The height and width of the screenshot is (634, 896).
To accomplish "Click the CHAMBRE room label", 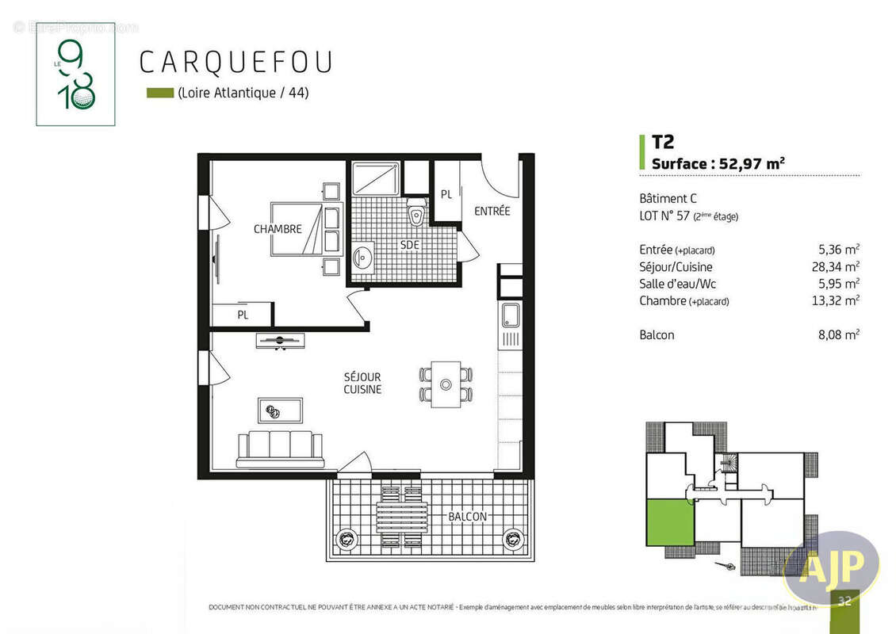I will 278,229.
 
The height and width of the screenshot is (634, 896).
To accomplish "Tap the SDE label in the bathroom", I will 409,245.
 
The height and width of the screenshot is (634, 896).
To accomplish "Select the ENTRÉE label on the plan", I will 492,211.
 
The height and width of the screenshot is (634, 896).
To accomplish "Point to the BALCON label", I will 467,517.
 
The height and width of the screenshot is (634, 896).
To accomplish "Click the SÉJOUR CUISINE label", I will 362,384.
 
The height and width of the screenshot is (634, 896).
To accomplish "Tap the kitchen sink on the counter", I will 509,315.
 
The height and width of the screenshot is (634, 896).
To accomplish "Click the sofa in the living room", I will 280,449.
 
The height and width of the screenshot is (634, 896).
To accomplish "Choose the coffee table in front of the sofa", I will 280,410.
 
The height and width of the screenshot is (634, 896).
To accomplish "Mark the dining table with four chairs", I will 446,384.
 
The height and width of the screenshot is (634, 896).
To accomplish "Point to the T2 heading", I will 663,143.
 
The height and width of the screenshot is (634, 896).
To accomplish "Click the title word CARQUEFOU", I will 235,63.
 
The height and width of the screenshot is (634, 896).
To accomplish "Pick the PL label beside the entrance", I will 446,194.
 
